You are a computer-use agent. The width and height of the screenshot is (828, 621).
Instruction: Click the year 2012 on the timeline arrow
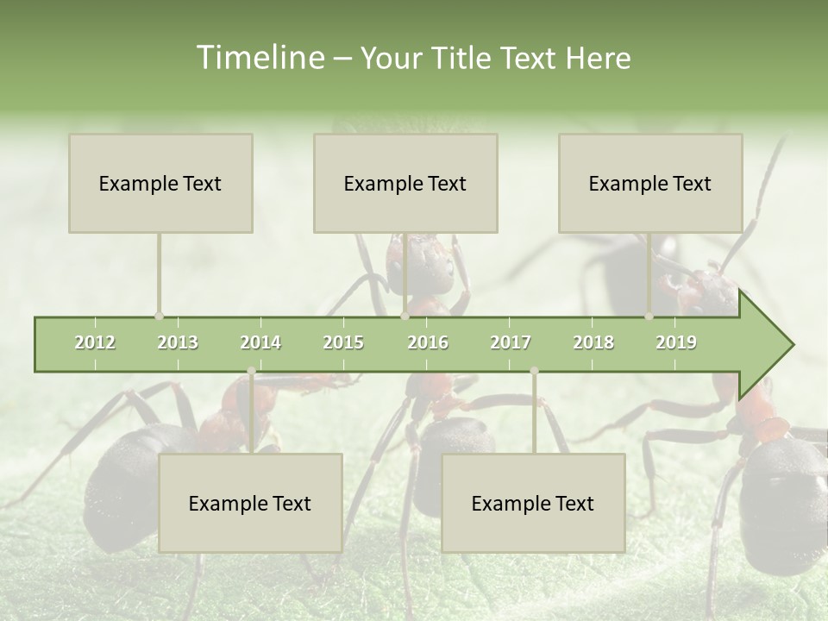coord(95,342)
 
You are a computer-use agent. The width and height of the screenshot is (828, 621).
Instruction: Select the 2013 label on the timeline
coord(178,342)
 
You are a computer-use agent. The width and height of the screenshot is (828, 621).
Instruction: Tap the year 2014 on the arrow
coord(260,342)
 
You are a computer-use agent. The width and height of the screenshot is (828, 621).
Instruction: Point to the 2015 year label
coord(343,342)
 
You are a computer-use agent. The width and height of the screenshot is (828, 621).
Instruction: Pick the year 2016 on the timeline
coord(428,342)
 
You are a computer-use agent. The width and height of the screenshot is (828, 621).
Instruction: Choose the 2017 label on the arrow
coord(511,342)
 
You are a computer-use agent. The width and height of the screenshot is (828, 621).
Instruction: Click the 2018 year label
coord(593,342)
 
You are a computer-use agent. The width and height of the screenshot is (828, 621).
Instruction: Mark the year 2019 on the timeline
coord(676,342)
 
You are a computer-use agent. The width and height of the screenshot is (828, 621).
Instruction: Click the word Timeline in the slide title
coord(258,58)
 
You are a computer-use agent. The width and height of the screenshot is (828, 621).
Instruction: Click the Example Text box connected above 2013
coord(160,183)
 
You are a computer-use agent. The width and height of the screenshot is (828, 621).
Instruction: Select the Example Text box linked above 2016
coord(405,183)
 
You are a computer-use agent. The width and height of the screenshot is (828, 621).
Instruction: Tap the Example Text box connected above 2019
coord(650,183)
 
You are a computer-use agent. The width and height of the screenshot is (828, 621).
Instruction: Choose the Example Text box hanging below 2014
coord(250,503)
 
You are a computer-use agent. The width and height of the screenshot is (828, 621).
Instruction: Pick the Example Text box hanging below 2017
coord(533,503)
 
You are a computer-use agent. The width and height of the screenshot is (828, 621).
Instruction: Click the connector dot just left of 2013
coord(159,317)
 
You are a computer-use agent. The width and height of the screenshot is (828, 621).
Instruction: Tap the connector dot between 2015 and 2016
coord(405,317)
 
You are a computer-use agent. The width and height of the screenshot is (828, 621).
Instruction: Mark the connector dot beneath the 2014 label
coord(251,371)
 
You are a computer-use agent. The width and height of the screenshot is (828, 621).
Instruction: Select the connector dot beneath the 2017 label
coord(534,371)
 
